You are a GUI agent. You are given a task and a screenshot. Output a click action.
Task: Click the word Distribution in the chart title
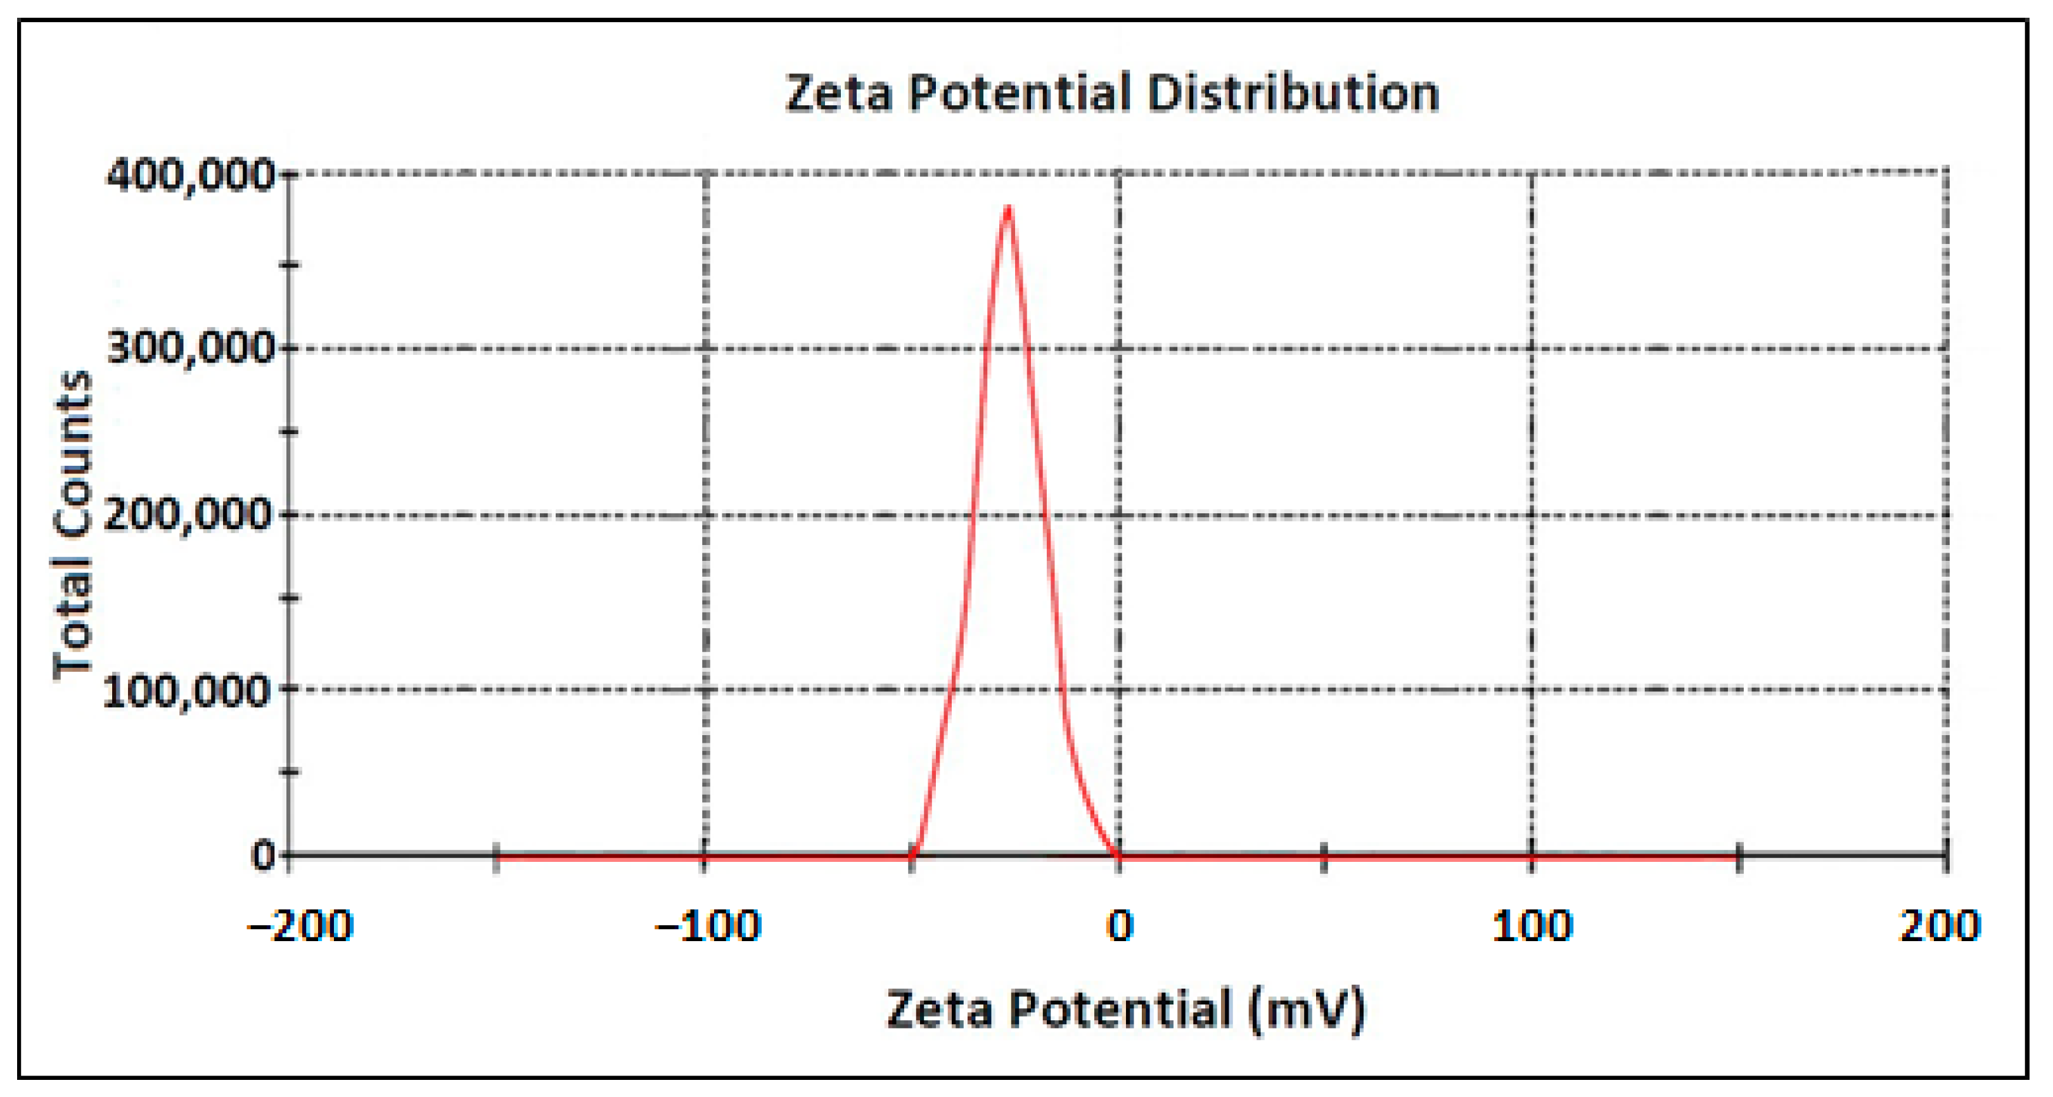1293,93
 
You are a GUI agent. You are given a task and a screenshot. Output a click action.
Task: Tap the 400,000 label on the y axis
189,175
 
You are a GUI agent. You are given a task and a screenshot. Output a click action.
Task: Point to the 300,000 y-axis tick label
189,349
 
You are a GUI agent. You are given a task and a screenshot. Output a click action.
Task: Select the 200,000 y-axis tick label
188,515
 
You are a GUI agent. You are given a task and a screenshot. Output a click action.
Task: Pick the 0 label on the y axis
263,857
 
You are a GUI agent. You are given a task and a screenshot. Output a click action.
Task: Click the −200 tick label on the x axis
300,927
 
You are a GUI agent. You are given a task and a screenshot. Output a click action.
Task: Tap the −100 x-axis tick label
707,927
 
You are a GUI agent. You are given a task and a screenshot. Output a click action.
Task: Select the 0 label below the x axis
1120,927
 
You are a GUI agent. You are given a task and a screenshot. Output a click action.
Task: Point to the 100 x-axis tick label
1532,927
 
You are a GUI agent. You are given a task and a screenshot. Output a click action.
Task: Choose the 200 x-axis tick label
1939,927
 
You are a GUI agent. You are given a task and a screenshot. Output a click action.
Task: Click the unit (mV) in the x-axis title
1307,1010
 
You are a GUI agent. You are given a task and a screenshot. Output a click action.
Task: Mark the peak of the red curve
1009,209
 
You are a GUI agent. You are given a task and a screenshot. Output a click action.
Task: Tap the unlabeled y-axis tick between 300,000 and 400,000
291,264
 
